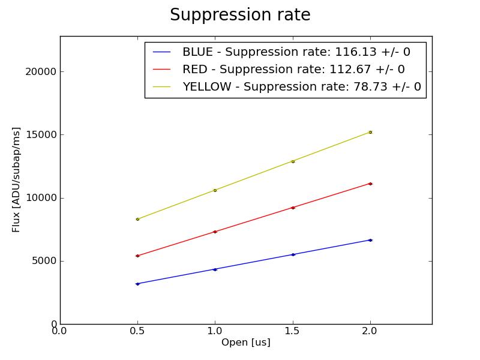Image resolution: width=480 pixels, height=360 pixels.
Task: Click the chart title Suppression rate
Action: click(x=241, y=15)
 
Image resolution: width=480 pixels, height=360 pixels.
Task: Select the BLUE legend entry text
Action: click(x=296, y=52)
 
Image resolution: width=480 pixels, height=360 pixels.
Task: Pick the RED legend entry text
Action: click(x=293, y=70)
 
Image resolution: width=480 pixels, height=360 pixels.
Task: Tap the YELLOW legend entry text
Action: click(x=302, y=86)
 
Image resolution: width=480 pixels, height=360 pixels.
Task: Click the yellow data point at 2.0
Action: click(x=370, y=132)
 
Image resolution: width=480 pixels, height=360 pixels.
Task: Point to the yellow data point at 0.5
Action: click(x=137, y=219)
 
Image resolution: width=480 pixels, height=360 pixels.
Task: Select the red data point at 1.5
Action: click(x=293, y=208)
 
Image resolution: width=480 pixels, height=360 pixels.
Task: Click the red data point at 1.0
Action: click(x=215, y=232)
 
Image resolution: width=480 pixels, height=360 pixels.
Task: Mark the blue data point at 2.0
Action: click(x=370, y=241)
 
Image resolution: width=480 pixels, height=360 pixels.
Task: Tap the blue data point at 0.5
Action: click(x=137, y=284)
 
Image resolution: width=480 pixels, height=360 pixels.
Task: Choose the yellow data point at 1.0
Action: click(x=215, y=190)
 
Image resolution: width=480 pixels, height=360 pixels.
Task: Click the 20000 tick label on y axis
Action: click(x=41, y=71)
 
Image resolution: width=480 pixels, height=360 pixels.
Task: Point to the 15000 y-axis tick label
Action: click(x=41, y=134)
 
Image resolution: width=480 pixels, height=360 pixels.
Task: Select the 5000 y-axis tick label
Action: click(x=44, y=261)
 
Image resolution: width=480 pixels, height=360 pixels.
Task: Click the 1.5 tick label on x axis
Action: click(x=292, y=331)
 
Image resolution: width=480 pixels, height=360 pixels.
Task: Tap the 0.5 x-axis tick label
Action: click(x=137, y=331)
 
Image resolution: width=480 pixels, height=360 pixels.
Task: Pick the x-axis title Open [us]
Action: click(x=246, y=342)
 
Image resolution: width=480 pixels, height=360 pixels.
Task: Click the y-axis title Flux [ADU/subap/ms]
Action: click(x=16, y=180)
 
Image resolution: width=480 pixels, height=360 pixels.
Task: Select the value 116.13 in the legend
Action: click(x=356, y=52)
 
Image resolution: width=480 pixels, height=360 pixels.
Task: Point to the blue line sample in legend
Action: click(x=161, y=52)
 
